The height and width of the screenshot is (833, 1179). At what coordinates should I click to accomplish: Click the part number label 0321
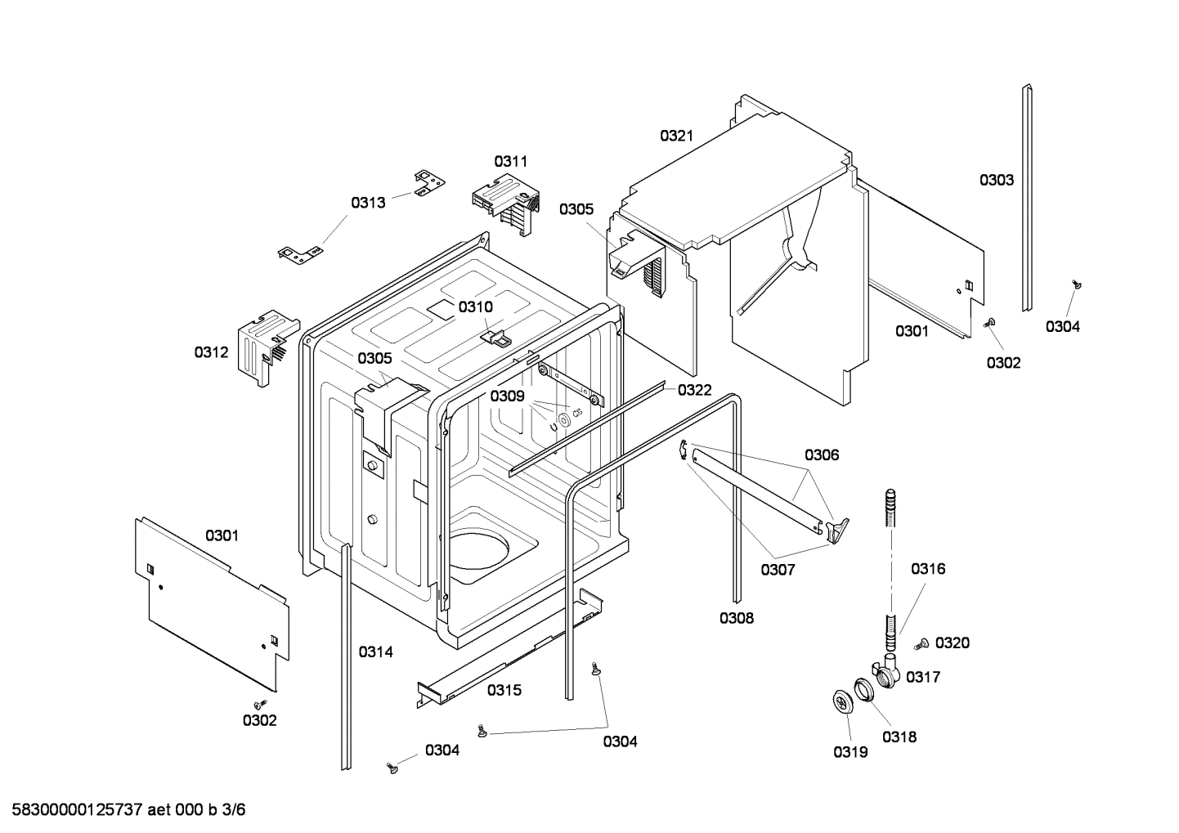point(676,136)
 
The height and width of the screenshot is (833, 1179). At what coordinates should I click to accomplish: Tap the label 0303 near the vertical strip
point(996,180)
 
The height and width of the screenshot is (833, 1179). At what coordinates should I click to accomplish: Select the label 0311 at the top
point(510,161)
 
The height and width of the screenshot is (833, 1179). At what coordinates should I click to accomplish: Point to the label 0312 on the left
point(211,352)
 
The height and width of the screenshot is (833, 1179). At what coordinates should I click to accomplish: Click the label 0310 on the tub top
point(475,307)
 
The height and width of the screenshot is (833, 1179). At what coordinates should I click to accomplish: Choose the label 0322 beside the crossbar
point(694,390)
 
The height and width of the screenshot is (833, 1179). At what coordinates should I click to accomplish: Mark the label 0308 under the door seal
point(736,618)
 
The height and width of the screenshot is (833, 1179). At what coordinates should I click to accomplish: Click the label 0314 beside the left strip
point(375,652)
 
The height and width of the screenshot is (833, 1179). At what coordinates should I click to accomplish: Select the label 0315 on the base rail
point(504,690)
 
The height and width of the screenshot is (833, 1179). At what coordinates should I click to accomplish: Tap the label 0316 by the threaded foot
point(928,568)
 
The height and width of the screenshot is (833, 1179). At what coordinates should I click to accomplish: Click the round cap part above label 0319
point(841,702)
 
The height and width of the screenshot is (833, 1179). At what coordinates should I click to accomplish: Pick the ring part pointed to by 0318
point(864,689)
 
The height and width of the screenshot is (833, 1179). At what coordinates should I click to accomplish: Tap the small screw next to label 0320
point(921,643)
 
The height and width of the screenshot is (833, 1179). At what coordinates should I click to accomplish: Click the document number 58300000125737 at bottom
point(74,810)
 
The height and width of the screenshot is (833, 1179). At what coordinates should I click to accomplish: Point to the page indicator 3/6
point(234,810)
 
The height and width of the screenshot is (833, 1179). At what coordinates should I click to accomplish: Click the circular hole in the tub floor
point(481,549)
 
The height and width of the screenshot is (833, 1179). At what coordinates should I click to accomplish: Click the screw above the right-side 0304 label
point(1077,284)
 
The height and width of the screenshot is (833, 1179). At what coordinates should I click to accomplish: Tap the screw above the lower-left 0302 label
point(261,703)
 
